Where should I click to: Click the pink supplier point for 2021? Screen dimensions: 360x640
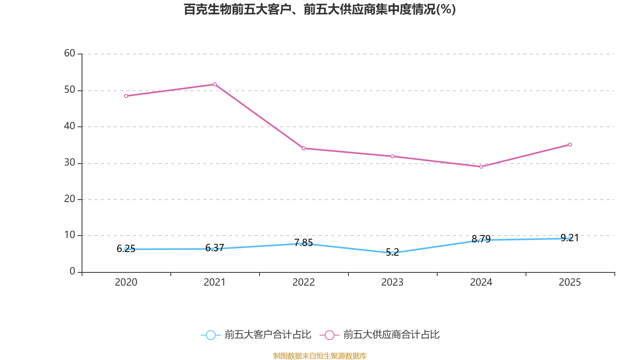[215, 84]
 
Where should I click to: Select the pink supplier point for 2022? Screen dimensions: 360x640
[304, 148]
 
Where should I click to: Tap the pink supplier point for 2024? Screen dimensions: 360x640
[481, 166]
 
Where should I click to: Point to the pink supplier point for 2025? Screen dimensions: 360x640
[570, 144]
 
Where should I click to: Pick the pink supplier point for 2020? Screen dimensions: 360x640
[126, 96]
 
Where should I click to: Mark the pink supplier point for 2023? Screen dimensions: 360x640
[392, 156]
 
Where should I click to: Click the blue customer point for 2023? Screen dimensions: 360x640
[392, 253]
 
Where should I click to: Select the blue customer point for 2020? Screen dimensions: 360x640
[126, 249]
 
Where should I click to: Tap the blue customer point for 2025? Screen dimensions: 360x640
[570, 238]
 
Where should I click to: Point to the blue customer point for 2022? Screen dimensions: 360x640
[304, 244]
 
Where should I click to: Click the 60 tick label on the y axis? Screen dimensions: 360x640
[70, 54]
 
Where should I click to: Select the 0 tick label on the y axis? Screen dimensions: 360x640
[72, 272]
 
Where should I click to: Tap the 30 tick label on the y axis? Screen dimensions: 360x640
[70, 163]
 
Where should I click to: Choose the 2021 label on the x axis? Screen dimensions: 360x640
[215, 282]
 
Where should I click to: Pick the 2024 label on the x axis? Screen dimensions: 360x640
[481, 282]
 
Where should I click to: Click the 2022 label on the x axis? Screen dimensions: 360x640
[304, 282]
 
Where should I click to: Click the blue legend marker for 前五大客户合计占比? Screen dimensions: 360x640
[210, 335]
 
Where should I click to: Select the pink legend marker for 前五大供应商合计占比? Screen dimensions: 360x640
[330, 335]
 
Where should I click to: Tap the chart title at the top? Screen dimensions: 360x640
[320, 9]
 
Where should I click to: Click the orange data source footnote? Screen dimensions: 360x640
[320, 356]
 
